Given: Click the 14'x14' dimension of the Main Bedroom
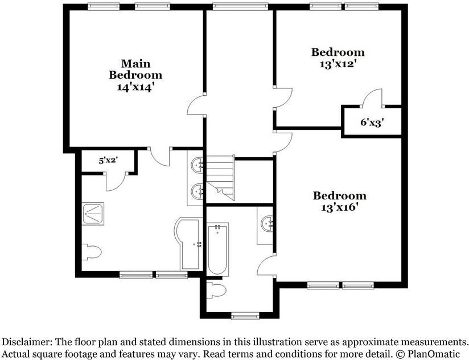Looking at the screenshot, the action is pos(135,87).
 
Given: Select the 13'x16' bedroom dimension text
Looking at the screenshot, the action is pos(339,207).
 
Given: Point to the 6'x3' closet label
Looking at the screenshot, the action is pos(372,122).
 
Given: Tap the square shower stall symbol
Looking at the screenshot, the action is pos(93,214).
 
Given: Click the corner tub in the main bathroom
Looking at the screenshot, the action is pos(187,244).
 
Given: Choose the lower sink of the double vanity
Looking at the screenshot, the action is pos(197,190).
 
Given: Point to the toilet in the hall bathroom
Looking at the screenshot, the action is pos(216,291).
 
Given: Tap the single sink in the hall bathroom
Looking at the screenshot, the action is pos(267,223).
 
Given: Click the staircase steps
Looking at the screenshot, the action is pos(220,178).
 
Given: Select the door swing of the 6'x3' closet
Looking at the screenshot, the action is pos(372,97).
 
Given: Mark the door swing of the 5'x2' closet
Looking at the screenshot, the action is pos(116,181).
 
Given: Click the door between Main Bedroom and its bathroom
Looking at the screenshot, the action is pos(160,157).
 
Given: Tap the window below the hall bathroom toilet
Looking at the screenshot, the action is pos(245,316).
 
